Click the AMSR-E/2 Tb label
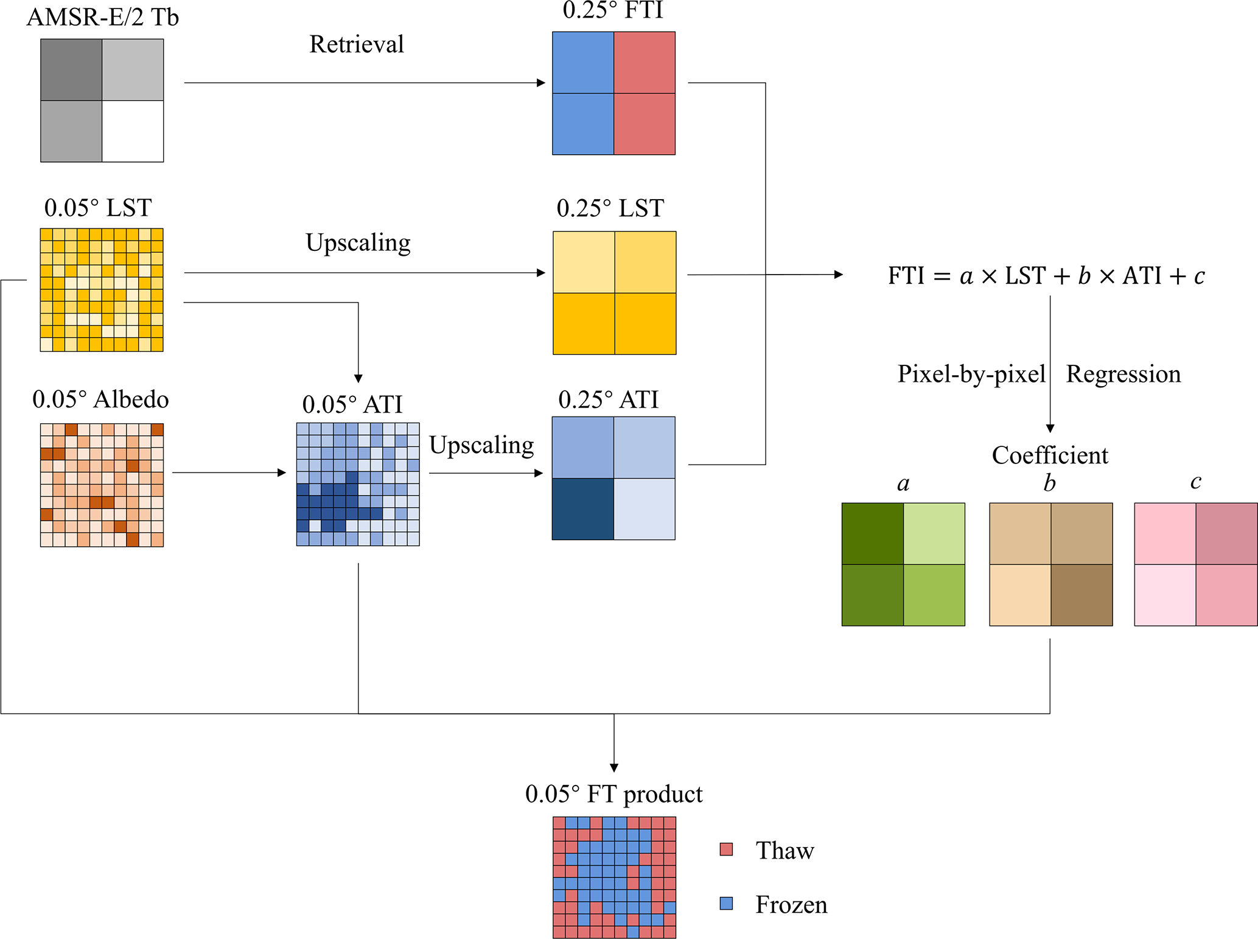[x=102, y=17]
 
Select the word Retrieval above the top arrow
[x=356, y=44]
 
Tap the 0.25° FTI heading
[x=612, y=11]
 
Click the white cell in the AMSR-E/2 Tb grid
[x=133, y=131]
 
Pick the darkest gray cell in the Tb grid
[x=71, y=70]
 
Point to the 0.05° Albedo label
[x=100, y=399]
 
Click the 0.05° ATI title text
[x=352, y=404]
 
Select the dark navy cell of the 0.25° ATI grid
[x=582, y=508]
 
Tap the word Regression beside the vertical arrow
[x=1123, y=374]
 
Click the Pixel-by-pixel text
[x=971, y=374]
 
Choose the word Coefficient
[x=1050, y=455]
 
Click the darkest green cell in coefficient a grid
[x=872, y=533]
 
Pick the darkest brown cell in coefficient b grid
[x=1082, y=595]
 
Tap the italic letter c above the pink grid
[x=1195, y=482]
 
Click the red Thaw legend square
[x=726, y=849]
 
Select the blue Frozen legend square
[x=726, y=903]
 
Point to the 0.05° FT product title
[x=613, y=794]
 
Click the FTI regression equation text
[x=1046, y=276]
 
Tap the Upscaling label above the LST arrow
[x=358, y=242]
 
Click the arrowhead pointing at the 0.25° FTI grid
[x=541, y=83]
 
